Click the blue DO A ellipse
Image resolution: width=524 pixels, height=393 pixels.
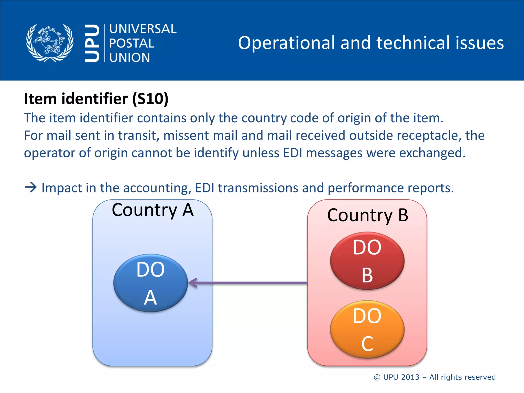150,283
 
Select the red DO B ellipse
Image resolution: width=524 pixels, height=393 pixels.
367,261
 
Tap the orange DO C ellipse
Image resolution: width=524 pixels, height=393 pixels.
367,329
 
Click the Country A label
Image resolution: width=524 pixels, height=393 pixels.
152,210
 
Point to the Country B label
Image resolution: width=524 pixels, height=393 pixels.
368,215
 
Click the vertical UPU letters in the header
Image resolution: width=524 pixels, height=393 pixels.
92,43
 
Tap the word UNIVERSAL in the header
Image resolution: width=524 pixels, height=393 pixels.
143,29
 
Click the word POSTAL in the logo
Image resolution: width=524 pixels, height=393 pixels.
132,43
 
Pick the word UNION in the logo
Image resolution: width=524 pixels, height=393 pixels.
129,58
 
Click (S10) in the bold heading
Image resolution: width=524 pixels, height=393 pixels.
150,99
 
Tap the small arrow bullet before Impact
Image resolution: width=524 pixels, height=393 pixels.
31,187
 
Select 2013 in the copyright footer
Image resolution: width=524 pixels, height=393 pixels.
410,377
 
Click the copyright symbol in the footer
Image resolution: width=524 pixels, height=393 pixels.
377,377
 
